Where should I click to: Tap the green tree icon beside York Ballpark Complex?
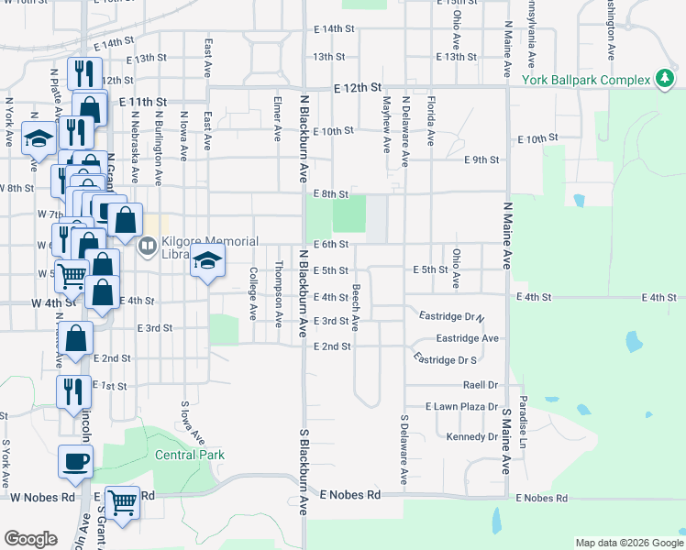664,80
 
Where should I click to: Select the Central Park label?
190,455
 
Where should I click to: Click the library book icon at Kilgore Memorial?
146,246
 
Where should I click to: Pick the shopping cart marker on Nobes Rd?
122,501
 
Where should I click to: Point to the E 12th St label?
358,88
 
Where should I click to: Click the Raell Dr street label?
481,385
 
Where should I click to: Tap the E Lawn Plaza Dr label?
461,406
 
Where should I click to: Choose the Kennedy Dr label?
471,436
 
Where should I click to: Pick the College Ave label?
253,293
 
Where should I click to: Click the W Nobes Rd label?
42,498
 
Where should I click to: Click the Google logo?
30,538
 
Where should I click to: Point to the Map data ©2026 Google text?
627,543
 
